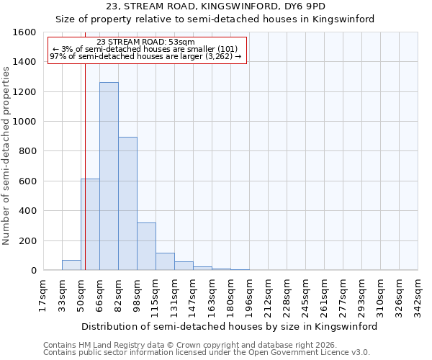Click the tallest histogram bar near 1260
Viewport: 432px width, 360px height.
pos(109,176)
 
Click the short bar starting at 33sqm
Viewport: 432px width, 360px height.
pos(71,265)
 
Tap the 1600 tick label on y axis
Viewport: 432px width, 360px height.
pos(24,32)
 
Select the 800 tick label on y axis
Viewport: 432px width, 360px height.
pos(27,151)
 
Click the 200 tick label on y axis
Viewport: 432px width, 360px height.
pos(27,240)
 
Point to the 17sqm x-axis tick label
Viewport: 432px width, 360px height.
pos(43,297)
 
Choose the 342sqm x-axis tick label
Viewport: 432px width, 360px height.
pos(418,297)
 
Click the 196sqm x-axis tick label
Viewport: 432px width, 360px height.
pos(249,297)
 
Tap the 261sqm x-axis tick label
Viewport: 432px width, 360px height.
pos(324,297)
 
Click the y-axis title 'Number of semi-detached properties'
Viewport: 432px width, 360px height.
pos(6,151)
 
